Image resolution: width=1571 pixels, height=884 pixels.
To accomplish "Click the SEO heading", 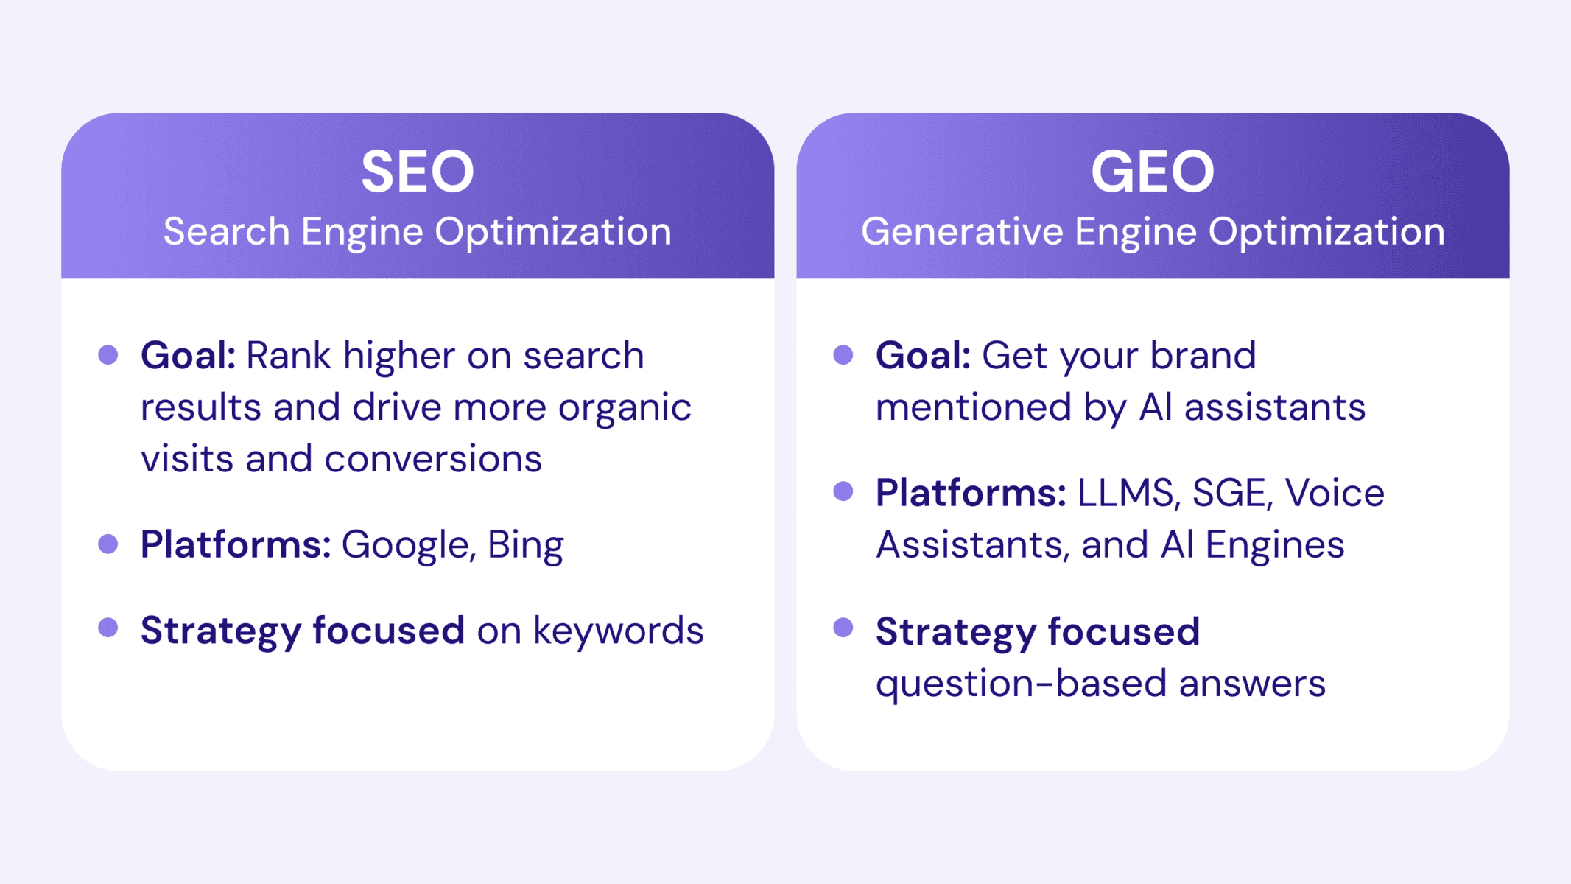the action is (418, 172).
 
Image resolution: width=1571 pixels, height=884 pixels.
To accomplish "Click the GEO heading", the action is (1153, 172).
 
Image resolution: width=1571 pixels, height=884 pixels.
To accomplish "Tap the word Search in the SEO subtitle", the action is (227, 231).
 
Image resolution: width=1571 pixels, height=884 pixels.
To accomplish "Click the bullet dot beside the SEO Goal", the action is (108, 355).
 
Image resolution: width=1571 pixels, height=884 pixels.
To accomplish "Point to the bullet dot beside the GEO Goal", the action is (843, 355).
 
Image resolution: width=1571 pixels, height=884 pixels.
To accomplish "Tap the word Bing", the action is (525, 546).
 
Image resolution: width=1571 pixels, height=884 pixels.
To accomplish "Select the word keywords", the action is (618, 631).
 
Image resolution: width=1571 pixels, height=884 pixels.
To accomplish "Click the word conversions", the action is (433, 459).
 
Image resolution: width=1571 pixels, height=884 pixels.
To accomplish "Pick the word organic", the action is (625, 408).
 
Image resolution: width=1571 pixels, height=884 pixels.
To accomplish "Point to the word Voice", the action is (1335, 493).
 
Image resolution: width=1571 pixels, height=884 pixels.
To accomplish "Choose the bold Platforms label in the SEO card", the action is (236, 544).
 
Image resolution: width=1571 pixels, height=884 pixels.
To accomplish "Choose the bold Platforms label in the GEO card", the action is (971, 493).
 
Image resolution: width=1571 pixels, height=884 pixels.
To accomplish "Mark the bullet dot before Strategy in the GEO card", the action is (843, 628).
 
